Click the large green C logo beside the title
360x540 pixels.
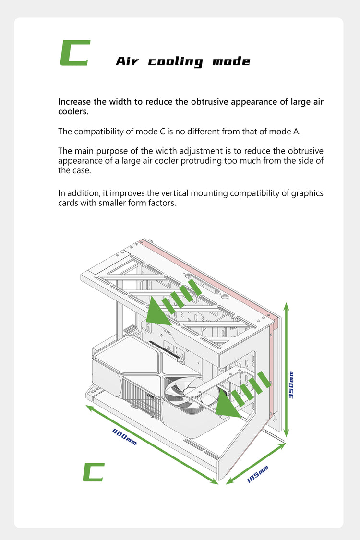tap(75, 53)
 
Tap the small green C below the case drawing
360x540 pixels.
tap(93, 472)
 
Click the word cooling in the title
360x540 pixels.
tap(176, 62)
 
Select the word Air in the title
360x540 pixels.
tap(127, 61)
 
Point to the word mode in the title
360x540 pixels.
tap(231, 61)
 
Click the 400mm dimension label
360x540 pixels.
tap(125, 436)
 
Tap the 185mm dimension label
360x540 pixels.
tap(257, 474)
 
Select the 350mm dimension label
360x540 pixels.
tap(291, 385)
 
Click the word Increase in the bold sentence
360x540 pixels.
tap(75, 102)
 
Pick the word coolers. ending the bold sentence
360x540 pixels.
tap(73, 111)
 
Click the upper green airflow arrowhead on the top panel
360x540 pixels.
tap(158, 312)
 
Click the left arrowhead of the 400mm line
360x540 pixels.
tap(90, 408)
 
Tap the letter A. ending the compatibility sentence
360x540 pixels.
tap(297, 132)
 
